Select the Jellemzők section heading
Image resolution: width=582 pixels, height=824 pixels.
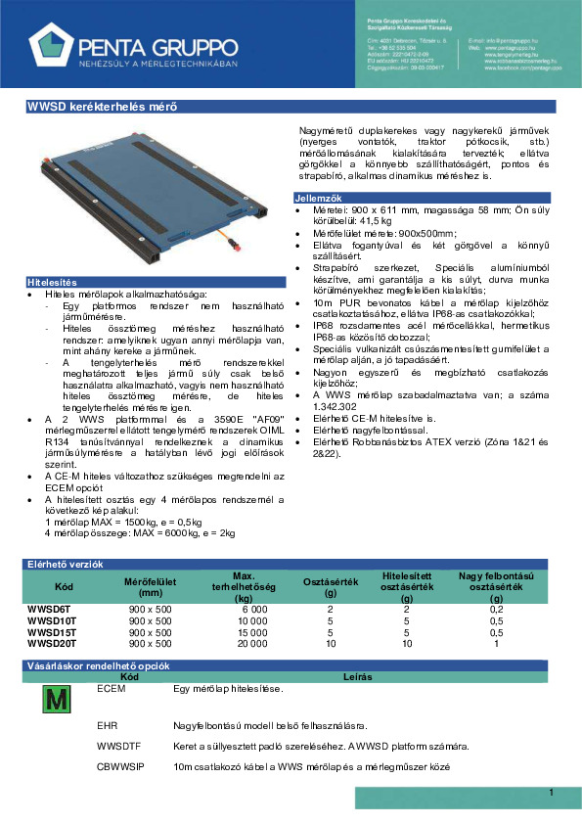click(317, 199)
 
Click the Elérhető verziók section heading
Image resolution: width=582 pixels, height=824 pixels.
click(64, 564)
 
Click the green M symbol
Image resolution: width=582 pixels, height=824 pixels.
click(56, 699)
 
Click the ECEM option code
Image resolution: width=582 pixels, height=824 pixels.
click(112, 688)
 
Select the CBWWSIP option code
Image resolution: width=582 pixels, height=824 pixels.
click(121, 766)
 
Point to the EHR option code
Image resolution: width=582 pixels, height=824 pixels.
click(109, 725)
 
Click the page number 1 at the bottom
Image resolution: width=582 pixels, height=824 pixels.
click(552, 793)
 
